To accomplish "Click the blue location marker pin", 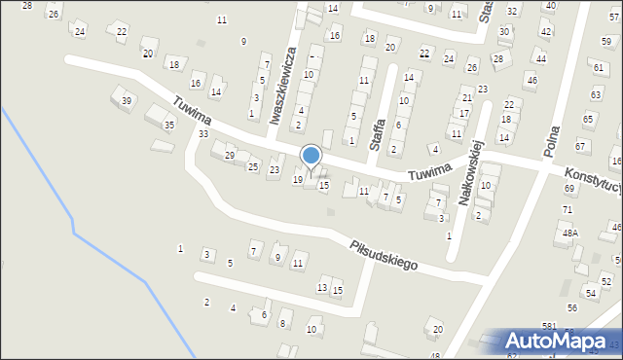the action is coord(311,157).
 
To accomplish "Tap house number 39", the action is coord(127,101).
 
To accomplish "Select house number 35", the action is coord(169,125).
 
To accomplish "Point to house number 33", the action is coord(203,133).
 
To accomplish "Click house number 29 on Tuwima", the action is coord(230,156).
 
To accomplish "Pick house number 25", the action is coord(252,167).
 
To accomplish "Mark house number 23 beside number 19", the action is coord(275,170).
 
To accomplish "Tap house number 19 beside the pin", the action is coord(298,180).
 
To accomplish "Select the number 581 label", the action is coord(549,325).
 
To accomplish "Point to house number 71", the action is coord(568,209).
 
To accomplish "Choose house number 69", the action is coord(569,188).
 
